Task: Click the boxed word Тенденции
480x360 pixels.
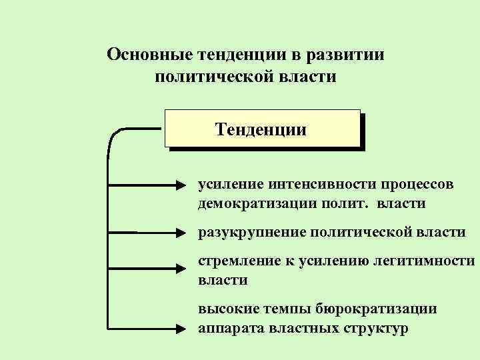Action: pyautogui.click(x=261, y=129)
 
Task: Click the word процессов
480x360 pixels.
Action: pyautogui.click(x=419, y=183)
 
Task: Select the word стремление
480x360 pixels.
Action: pyautogui.click(x=235, y=262)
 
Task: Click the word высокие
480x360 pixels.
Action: pyautogui.click(x=226, y=309)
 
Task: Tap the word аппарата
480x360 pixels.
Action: pyautogui.click(x=226, y=329)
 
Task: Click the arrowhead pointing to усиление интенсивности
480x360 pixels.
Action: pyautogui.click(x=185, y=183)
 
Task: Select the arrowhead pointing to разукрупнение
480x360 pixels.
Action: pyautogui.click(x=185, y=233)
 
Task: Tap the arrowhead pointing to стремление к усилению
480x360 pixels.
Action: pyautogui.click(x=185, y=268)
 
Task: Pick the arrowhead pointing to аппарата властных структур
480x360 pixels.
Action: pyautogui.click(x=185, y=328)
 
